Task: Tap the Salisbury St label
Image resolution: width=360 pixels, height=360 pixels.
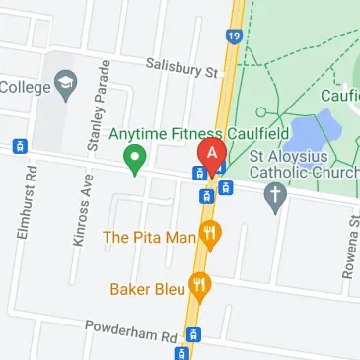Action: [x=180, y=67]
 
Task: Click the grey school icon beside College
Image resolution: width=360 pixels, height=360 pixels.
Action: [x=67, y=82]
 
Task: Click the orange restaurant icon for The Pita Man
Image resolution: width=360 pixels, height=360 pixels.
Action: [x=209, y=235]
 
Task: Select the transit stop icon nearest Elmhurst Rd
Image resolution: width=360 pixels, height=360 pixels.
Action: [x=18, y=146]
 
